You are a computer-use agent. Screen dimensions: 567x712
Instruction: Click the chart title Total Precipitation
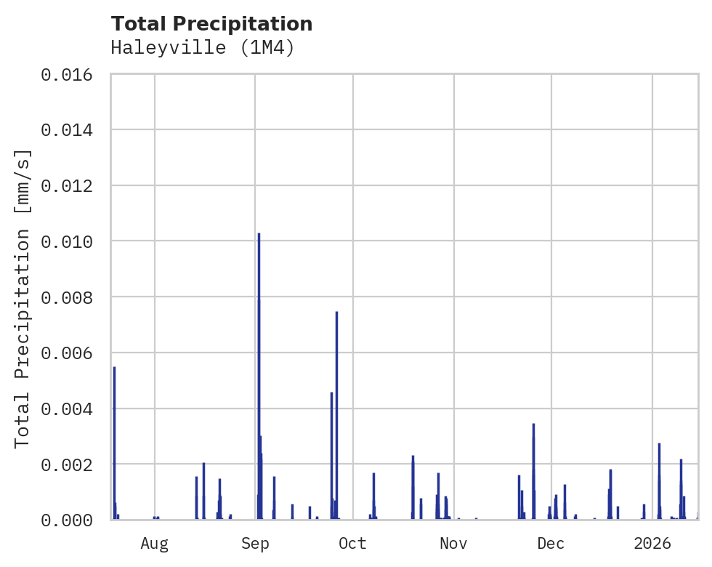point(211,24)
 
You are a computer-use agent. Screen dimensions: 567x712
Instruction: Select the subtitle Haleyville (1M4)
point(203,48)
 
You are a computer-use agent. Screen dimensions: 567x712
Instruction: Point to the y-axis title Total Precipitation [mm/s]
point(23,297)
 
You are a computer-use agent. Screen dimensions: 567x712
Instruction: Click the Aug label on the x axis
point(155,544)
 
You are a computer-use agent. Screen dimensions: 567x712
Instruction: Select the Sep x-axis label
point(255,544)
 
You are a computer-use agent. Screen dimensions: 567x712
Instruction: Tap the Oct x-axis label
point(352,544)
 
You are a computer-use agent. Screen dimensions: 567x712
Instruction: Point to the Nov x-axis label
point(453,544)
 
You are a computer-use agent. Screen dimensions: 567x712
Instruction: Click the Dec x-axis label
point(551,544)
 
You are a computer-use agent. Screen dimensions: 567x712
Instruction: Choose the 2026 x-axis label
point(652,544)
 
